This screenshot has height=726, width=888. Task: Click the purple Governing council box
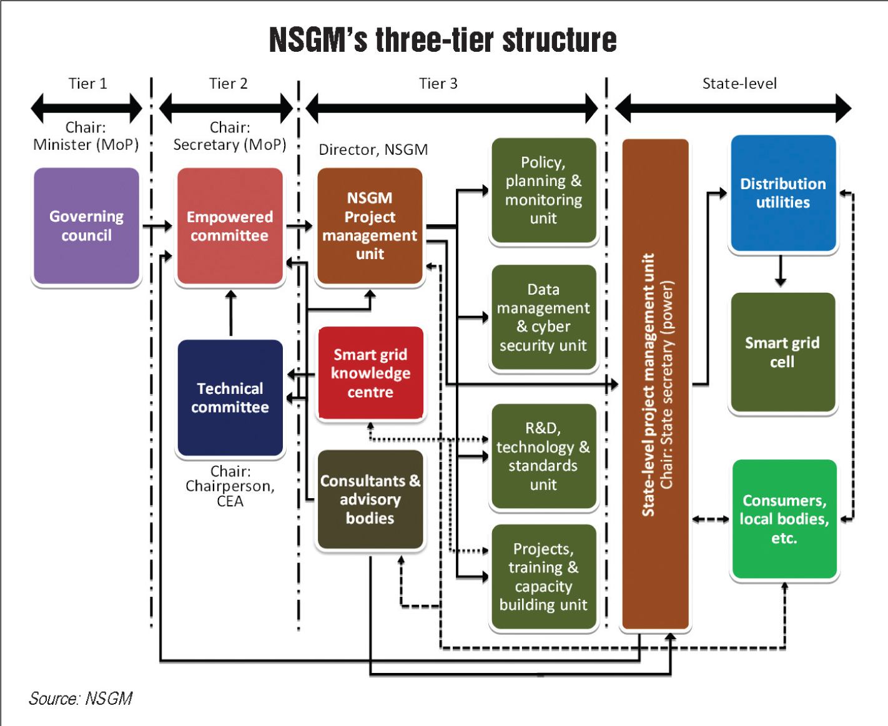click(x=86, y=226)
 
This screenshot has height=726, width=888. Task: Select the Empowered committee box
click(x=230, y=226)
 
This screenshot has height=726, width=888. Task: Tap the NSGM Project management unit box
click(x=370, y=226)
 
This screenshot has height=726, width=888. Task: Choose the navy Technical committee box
click(x=230, y=398)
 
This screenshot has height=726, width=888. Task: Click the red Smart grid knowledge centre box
click(x=370, y=373)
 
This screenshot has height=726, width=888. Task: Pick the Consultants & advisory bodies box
click(x=370, y=499)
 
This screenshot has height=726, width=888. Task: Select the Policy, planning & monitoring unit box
click(x=543, y=190)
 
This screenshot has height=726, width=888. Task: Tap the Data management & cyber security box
click(x=543, y=317)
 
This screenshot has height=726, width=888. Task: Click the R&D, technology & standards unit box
click(x=543, y=456)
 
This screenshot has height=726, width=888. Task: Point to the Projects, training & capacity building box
click(x=543, y=577)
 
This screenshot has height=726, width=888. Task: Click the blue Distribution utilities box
click(x=783, y=193)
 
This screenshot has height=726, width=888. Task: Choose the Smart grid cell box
click(x=782, y=352)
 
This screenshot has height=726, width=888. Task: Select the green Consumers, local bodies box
click(x=784, y=519)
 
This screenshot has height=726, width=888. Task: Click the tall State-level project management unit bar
click(x=656, y=384)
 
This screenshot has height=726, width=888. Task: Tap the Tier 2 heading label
click(x=228, y=84)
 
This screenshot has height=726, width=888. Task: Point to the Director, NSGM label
click(x=373, y=150)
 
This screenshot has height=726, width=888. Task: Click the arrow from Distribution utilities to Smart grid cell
click(x=780, y=271)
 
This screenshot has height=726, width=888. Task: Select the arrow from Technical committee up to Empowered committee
click(x=231, y=313)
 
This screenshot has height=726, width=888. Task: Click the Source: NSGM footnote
click(x=81, y=699)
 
